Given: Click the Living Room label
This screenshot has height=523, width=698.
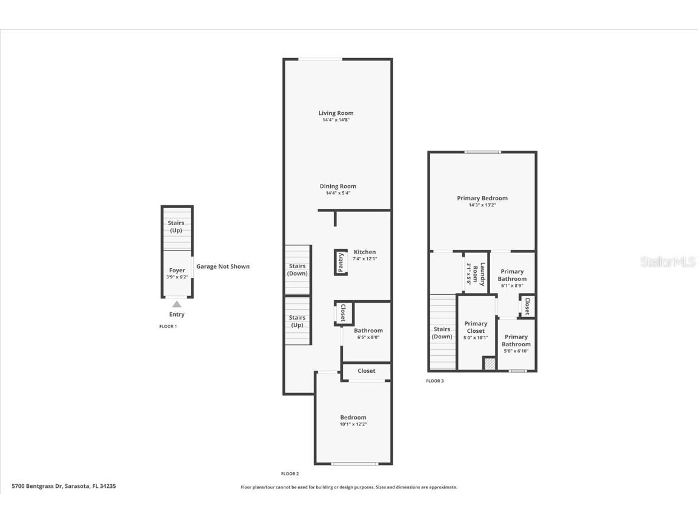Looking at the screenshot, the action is [x=336, y=113].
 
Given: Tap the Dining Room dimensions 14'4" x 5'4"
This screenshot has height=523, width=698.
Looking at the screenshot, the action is [x=338, y=193].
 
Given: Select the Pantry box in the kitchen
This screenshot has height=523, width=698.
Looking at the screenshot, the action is [x=341, y=262].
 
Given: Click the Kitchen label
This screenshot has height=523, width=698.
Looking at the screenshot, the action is [x=365, y=252].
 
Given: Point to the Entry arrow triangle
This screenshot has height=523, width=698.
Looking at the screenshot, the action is [x=177, y=304].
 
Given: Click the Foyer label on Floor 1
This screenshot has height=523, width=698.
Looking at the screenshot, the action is [x=177, y=270].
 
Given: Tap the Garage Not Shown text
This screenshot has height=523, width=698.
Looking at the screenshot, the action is [x=223, y=266].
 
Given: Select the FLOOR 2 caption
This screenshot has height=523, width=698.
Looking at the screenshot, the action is [x=290, y=473].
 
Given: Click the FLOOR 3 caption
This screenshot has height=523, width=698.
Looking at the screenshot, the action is [x=435, y=381].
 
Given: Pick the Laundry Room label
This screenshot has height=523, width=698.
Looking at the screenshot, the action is [x=479, y=274].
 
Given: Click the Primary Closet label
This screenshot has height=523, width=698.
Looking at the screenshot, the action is [x=476, y=327].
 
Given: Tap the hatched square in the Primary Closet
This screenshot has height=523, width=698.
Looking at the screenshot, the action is [x=490, y=363].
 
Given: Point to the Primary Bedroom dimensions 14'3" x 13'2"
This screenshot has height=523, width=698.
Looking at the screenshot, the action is [x=482, y=205].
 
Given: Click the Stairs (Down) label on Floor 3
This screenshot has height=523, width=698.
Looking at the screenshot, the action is [x=442, y=333].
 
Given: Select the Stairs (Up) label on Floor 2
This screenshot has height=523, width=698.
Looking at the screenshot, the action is [x=297, y=321].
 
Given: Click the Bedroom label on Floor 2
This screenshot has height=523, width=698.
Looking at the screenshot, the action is [x=353, y=417].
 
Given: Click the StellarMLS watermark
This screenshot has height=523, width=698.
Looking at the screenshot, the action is [x=668, y=262].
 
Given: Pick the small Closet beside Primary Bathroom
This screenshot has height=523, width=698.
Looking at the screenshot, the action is [x=527, y=306].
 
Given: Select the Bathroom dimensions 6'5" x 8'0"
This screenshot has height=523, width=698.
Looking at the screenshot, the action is [x=368, y=338].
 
